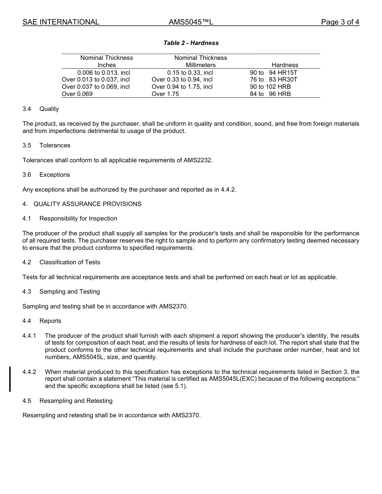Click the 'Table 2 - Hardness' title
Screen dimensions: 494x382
pyautogui.click(x=191, y=43)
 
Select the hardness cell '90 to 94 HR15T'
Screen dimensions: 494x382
pyautogui.click(x=273, y=73)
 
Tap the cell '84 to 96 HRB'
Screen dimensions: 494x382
pyautogui.click(x=270, y=94)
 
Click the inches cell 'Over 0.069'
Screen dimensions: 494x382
pyautogui.click(x=74, y=94)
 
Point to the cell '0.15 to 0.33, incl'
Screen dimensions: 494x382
pyautogui.click(x=190, y=73)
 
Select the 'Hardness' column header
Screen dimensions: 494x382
pyautogui.click(x=285, y=65)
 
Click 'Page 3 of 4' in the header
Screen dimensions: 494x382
pyautogui.click(x=340, y=22)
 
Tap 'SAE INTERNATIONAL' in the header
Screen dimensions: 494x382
pyautogui.click(x=61, y=22)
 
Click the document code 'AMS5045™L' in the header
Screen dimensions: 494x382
pyautogui.click(x=191, y=22)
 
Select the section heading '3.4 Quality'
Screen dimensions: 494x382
pyautogui.click(x=41, y=109)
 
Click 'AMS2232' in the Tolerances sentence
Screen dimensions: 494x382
pyautogui.click(x=197, y=160)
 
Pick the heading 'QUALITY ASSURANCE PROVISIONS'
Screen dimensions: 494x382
pyautogui.click(x=87, y=204)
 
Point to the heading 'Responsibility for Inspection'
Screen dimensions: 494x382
pyautogui.click(x=78, y=218)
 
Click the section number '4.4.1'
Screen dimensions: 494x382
pyautogui.click(x=29, y=336)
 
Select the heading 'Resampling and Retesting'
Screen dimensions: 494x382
pyautogui.click(x=76, y=401)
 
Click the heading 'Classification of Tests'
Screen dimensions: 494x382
pyautogui.click(x=70, y=262)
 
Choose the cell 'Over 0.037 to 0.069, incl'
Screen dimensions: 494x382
pyautogui.click(x=96, y=87)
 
